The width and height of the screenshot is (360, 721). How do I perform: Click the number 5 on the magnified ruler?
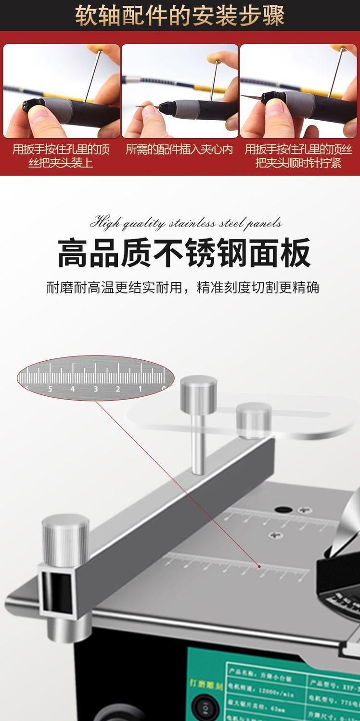pyautogui.click(x=50, y=389)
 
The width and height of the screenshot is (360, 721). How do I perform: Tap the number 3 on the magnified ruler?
pyautogui.click(x=95, y=389)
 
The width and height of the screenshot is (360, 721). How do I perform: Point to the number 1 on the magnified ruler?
pyautogui.click(x=140, y=389)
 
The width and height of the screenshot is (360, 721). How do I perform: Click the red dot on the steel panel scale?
pyautogui.click(x=259, y=566)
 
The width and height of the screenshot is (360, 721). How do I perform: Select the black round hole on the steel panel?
pyautogui.click(x=283, y=509)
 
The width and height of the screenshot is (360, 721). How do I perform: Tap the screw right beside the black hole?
pyautogui.click(x=302, y=510)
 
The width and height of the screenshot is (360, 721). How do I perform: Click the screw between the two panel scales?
pyautogui.click(x=275, y=534)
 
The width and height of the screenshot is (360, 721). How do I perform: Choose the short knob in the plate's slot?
pyautogui.click(x=254, y=419)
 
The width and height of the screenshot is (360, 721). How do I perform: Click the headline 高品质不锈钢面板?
pyautogui.click(x=184, y=253)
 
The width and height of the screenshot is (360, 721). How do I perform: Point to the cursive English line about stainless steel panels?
pyautogui.click(x=186, y=223)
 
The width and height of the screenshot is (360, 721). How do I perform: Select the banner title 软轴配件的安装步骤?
pyautogui.click(x=180, y=16)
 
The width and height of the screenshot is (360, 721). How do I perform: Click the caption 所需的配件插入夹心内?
pyautogui.click(x=179, y=150)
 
